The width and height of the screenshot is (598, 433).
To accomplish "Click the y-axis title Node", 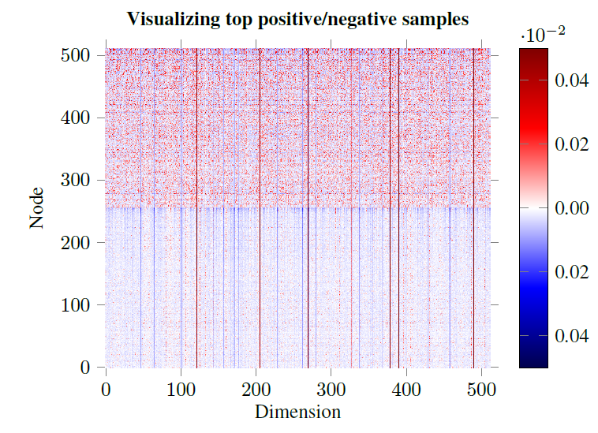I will [x=37, y=211].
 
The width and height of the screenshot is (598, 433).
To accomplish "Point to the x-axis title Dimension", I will [x=297, y=412].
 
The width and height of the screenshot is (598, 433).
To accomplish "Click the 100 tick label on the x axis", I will [x=181, y=389].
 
